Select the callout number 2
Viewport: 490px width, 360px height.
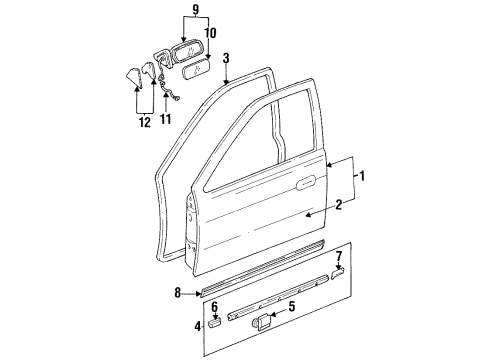(340, 205)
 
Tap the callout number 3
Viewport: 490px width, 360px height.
(227, 59)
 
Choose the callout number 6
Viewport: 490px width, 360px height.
(214, 309)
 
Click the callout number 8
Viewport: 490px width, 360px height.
(177, 294)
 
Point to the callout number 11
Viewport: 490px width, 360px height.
(166, 119)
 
